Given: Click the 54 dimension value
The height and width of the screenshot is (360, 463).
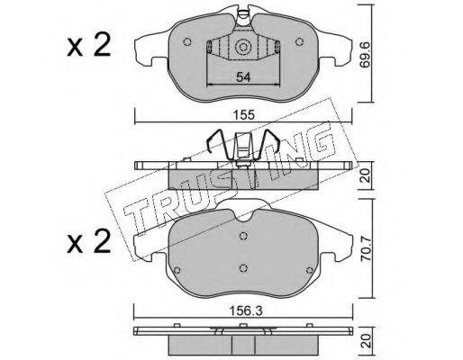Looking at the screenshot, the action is (x=243, y=77).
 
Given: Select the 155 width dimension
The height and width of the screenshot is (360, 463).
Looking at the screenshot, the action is (x=245, y=115).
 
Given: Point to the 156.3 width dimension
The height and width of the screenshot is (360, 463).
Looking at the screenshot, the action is (x=246, y=310).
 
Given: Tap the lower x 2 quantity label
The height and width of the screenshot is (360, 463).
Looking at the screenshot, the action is (x=89, y=242).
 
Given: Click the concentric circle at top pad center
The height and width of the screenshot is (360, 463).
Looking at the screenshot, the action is (x=243, y=48).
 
